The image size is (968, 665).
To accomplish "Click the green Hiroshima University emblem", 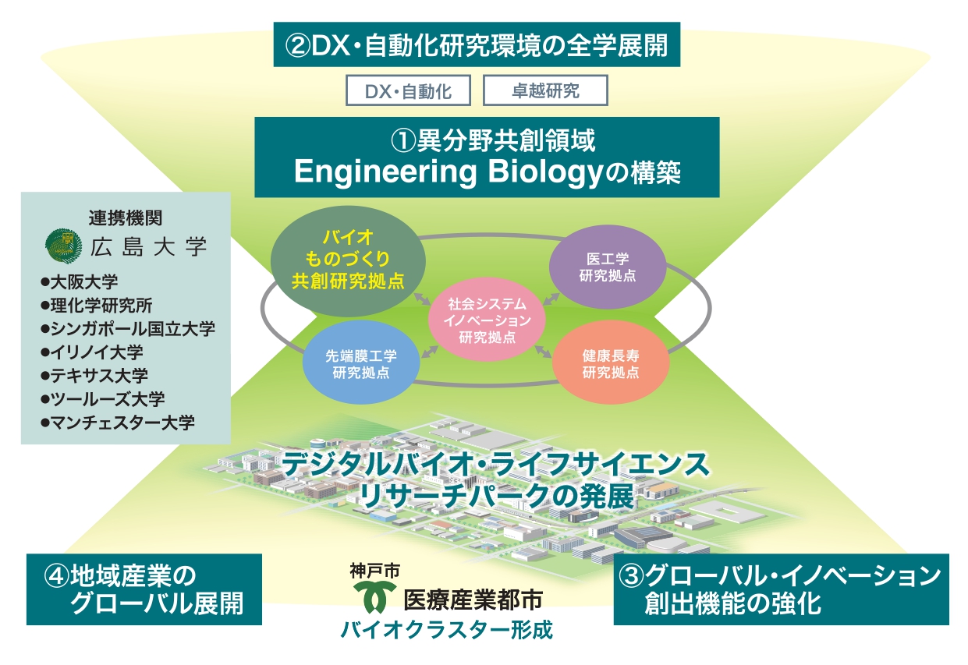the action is click(63, 246).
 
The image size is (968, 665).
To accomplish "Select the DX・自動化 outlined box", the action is click(408, 90).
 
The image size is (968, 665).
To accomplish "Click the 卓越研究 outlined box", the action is click(545, 90).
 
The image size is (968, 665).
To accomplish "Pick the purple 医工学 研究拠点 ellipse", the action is click(608, 267).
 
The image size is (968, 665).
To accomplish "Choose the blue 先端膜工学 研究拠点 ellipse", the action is click(361, 363).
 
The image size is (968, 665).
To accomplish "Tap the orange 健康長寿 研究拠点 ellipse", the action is click(611, 363).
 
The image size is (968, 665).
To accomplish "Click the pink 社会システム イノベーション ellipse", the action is click(487, 320).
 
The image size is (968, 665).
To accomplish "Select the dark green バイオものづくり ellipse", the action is click(348, 260).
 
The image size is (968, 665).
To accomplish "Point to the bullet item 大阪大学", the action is click(79, 282).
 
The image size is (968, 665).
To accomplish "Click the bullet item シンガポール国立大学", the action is click(127, 329).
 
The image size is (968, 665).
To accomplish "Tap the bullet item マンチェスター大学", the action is click(117, 423).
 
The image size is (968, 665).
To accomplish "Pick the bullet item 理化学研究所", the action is click(96, 306).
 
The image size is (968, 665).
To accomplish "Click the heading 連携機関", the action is click(126, 218).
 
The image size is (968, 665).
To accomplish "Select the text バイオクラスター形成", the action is click(447, 630).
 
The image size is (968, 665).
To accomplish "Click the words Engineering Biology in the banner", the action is click(449, 172).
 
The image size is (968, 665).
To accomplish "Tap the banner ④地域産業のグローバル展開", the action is click(144, 589).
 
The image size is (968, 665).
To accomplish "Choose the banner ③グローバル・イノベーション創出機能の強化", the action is click(782, 589).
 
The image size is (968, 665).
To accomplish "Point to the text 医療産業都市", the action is click(473, 600).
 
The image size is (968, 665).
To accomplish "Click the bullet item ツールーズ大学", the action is click(102, 399).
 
